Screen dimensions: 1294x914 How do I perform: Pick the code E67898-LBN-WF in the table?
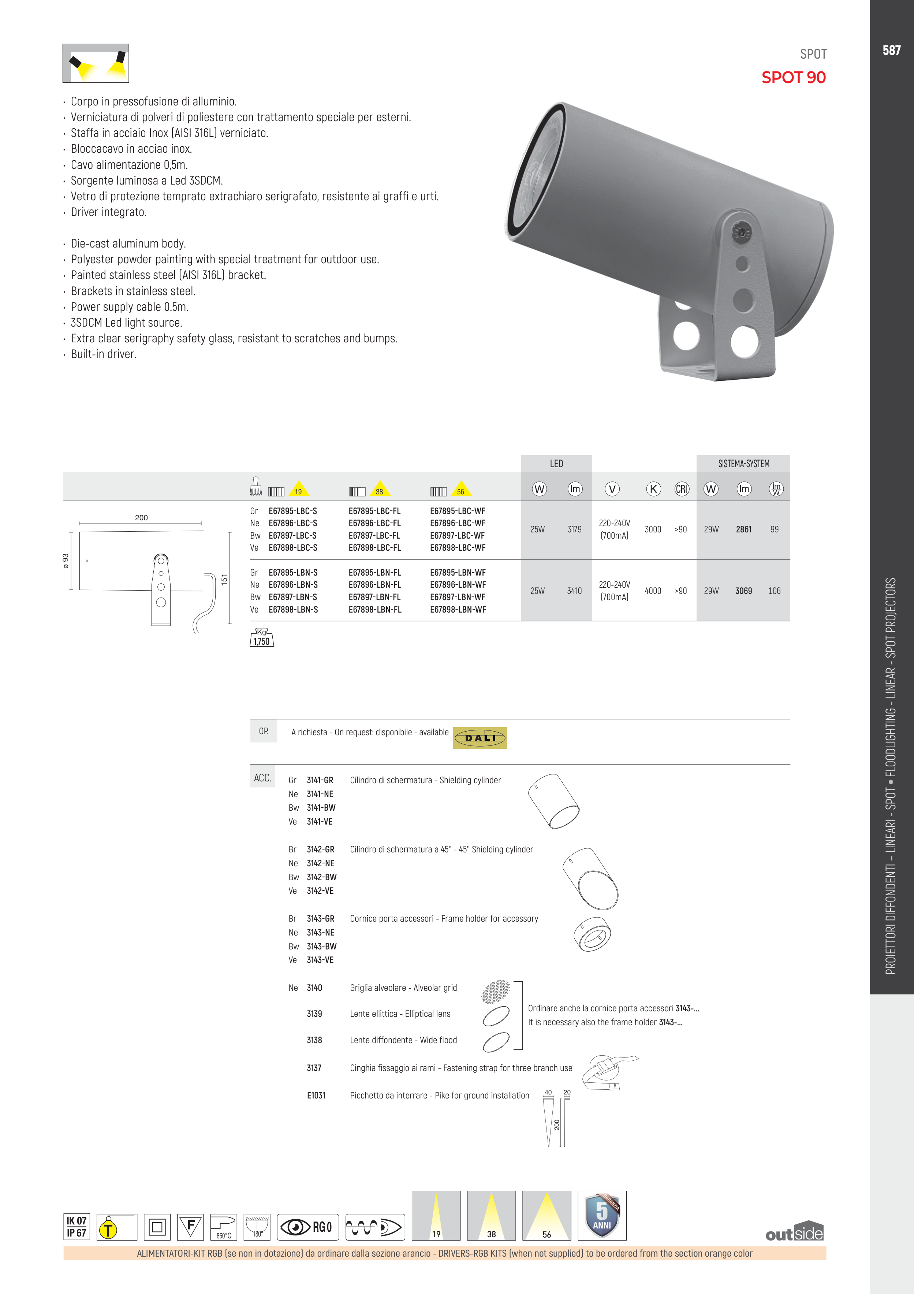458,609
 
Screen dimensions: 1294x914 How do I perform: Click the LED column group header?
556,464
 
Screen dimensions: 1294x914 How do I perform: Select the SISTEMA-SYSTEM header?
743,464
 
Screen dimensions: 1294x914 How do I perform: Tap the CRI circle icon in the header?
681,489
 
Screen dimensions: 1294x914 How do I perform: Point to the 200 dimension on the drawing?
141,517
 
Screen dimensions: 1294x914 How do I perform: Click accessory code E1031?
316,1095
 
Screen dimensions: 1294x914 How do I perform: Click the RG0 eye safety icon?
308,1227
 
